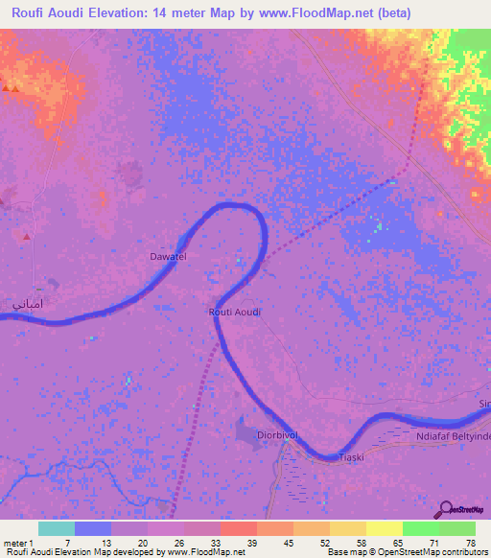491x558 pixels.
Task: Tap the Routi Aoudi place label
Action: pyautogui.click(x=235, y=313)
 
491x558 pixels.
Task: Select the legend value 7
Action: pyautogui.click(x=67, y=543)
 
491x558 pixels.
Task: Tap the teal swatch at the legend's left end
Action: pyautogui.click(x=57, y=528)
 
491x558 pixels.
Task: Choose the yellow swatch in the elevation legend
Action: pyautogui.click(x=384, y=528)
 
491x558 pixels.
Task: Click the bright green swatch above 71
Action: pyautogui.click(x=420, y=528)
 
